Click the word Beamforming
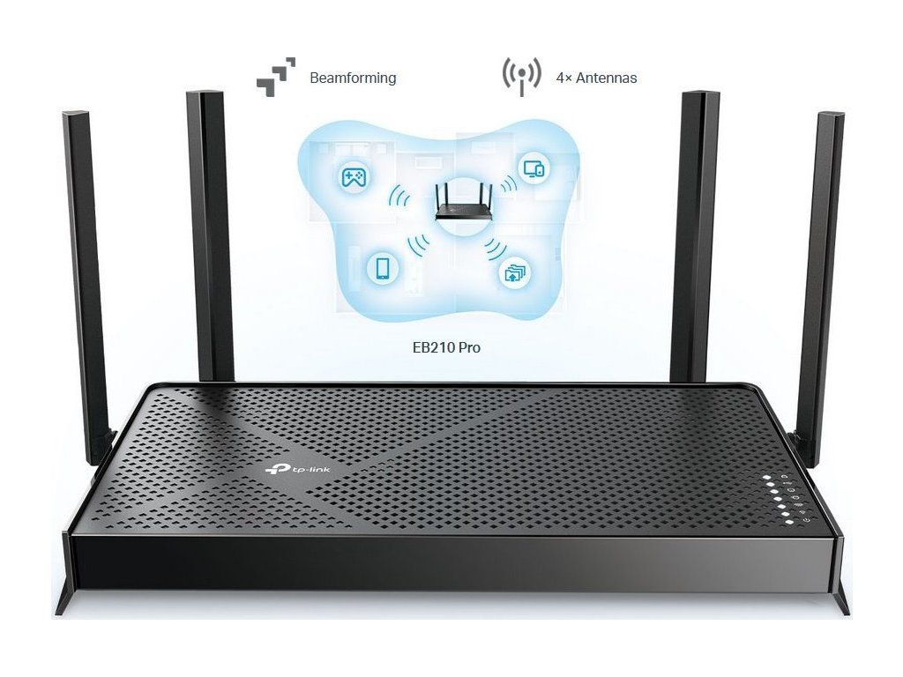(353, 78)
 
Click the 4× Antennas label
(596, 78)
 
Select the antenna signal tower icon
(521, 77)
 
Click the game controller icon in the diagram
(355, 178)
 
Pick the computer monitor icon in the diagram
(534, 167)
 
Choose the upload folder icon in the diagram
(513, 271)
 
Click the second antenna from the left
(209, 229)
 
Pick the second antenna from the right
(702, 229)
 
